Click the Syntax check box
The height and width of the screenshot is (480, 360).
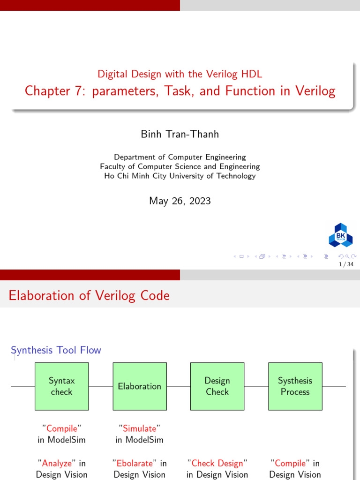62,386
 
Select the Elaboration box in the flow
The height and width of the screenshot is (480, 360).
139,386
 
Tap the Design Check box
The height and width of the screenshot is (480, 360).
217,386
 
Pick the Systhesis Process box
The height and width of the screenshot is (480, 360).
295,386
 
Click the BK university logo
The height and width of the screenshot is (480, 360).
340,234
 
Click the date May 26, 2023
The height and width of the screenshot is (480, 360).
180,201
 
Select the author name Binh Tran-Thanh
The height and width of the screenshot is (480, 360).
180,135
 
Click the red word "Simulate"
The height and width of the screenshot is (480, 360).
140,428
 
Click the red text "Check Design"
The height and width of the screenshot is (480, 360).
217,463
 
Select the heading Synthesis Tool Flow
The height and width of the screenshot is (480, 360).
56,350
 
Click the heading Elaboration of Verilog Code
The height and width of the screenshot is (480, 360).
90,296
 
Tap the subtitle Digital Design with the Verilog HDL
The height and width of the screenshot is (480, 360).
180,74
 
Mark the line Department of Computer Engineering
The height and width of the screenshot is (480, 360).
180,157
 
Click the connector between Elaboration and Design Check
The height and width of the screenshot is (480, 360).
179,386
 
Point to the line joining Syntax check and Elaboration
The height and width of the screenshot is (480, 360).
101,386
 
